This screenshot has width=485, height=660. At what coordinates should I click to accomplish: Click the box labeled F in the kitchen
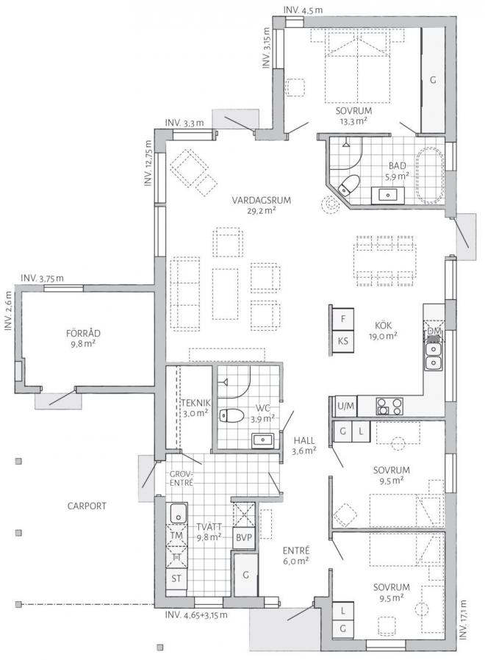(342, 319)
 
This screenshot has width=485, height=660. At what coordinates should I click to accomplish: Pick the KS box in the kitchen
(342, 340)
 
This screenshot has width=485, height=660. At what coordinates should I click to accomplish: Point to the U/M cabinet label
(345, 406)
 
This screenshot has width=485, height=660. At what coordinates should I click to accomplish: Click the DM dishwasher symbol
(434, 332)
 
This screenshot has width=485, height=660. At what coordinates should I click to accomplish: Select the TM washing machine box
(176, 536)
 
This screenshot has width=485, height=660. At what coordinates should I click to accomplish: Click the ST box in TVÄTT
(176, 578)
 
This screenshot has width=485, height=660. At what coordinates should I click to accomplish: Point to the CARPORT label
(87, 506)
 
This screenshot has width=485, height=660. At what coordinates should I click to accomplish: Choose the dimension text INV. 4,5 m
(302, 10)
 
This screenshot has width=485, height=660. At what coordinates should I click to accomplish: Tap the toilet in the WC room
(233, 415)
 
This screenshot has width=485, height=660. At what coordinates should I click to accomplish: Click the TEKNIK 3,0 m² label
(195, 408)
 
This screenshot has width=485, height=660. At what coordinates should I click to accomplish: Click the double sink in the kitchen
(434, 356)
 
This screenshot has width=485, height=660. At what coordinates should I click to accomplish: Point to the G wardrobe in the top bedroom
(433, 79)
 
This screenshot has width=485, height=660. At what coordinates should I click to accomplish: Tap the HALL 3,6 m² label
(303, 444)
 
